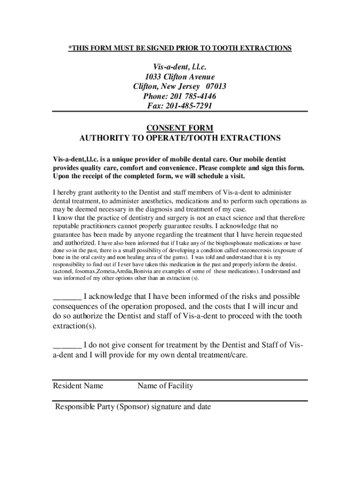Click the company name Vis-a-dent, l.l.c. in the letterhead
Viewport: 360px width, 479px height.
click(180, 67)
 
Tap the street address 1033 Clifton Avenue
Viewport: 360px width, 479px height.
click(180, 77)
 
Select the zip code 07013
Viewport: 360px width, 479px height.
click(213, 87)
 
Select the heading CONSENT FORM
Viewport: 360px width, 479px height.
click(180, 128)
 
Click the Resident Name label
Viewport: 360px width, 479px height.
click(78, 386)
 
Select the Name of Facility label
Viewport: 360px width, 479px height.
click(165, 386)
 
